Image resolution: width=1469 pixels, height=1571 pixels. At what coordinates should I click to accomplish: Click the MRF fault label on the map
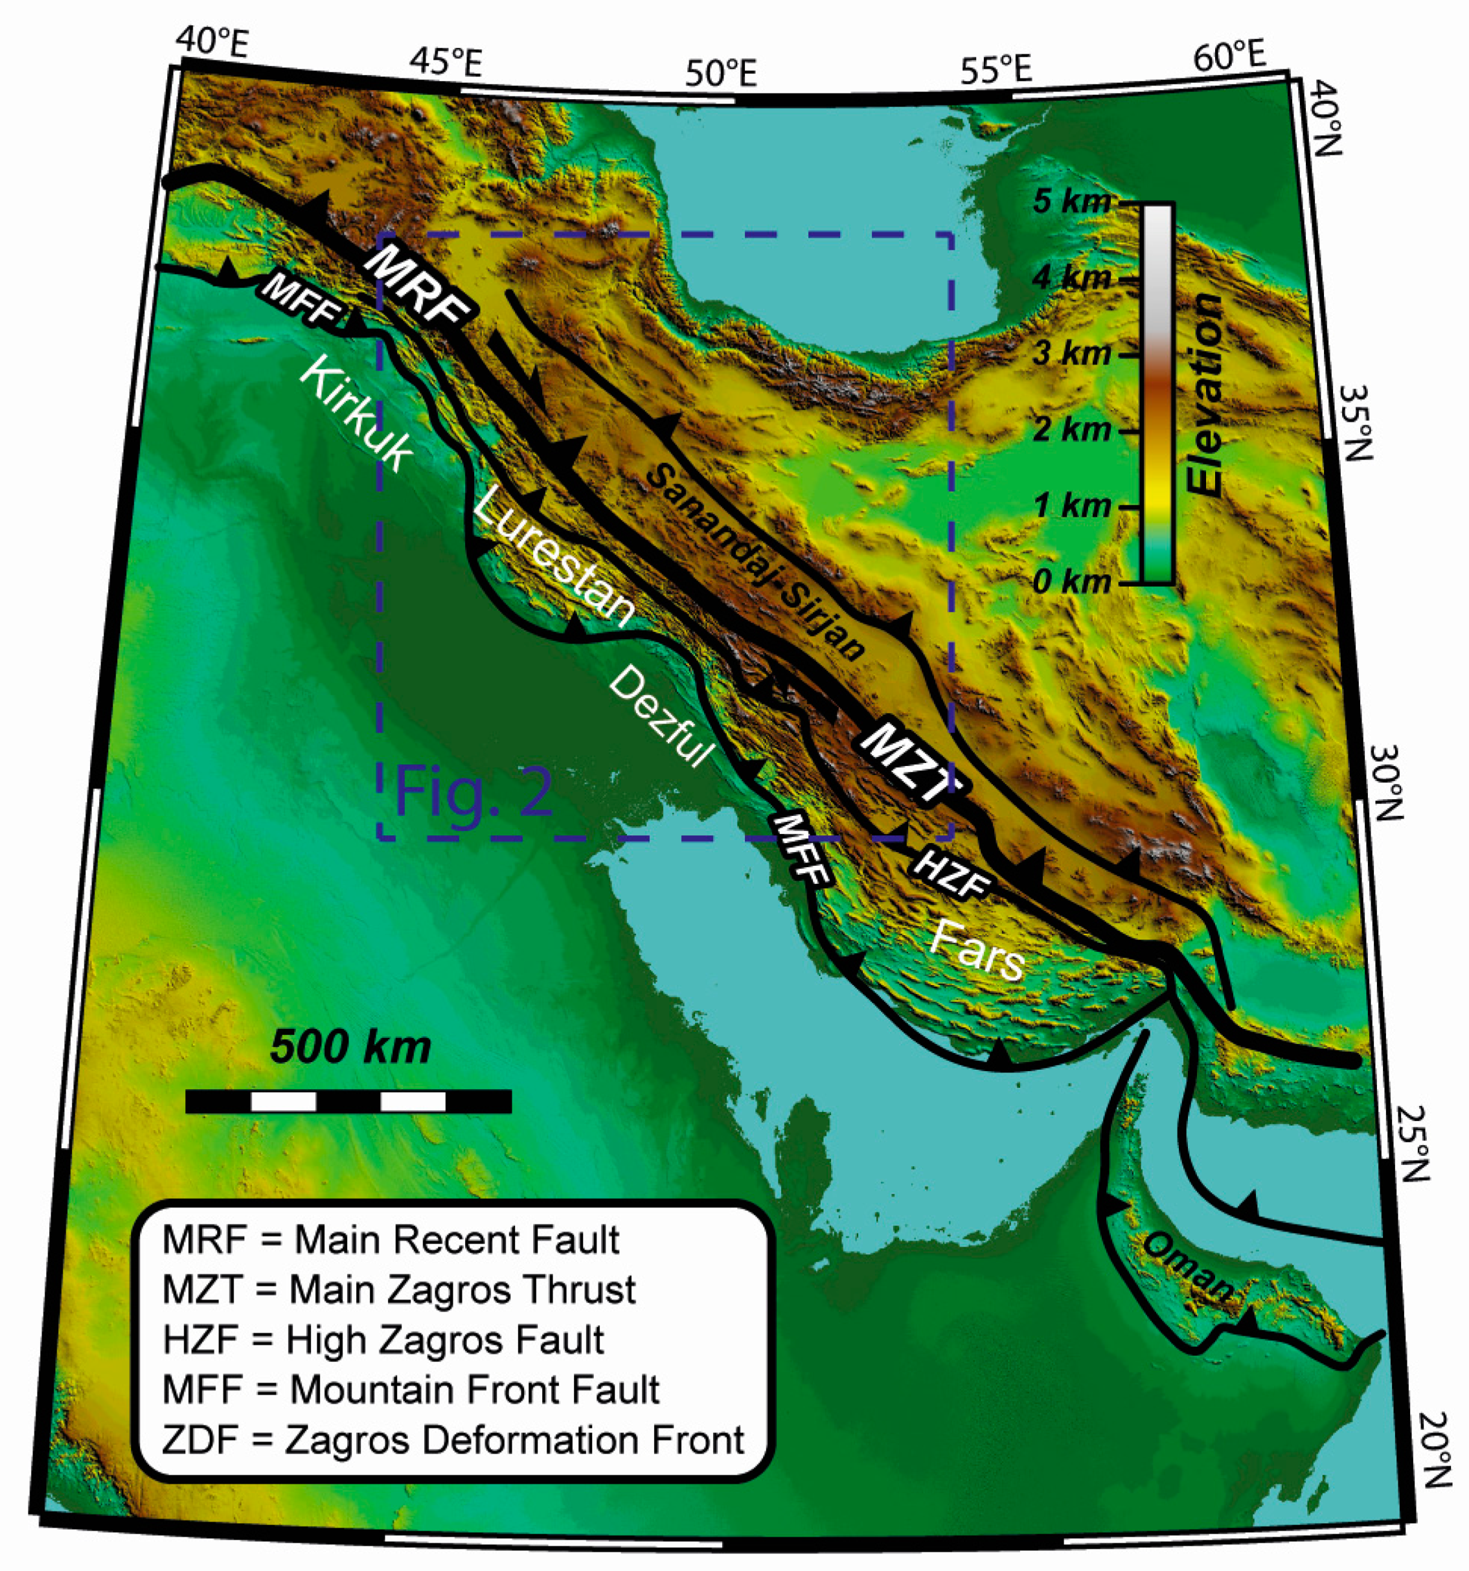click(417, 287)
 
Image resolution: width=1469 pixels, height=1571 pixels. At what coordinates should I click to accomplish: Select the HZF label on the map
click(951, 876)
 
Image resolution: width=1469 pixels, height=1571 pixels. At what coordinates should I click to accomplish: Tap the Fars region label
click(977, 951)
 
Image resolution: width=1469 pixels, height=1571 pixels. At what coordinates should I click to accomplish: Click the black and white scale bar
click(348, 1102)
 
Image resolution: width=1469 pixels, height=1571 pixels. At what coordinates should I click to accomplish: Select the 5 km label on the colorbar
click(1071, 201)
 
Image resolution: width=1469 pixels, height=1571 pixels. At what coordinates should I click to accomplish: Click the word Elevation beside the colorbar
click(1204, 395)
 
